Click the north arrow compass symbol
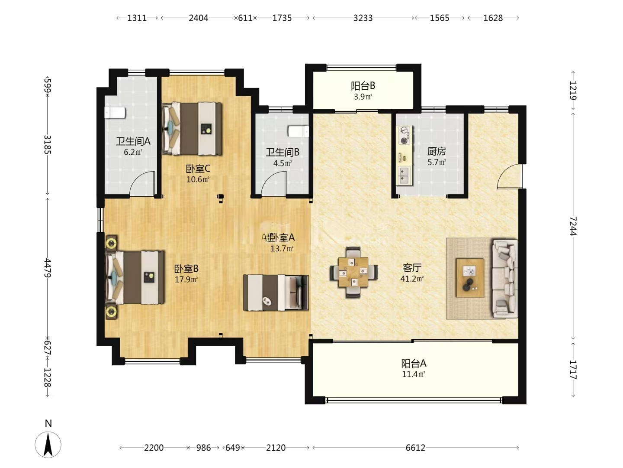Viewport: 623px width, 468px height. coord(48,444)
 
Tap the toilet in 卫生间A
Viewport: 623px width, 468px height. coord(115,113)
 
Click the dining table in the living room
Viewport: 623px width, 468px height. coord(353,272)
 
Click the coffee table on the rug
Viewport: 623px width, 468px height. coord(470,277)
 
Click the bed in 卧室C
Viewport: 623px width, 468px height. coord(192,129)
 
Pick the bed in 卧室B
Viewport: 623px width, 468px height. coord(135,277)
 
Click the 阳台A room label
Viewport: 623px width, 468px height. coord(414,363)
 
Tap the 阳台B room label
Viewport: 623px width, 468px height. coord(363,86)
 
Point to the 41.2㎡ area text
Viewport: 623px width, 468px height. coord(412,279)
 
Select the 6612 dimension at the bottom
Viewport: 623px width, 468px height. coord(415,448)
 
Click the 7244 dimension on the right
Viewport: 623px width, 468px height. coord(573,226)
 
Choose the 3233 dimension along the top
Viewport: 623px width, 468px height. coord(363,18)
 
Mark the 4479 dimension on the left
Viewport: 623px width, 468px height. coord(48,268)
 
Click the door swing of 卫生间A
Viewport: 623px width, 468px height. coord(143,184)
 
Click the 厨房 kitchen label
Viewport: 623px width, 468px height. coord(437,151)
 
